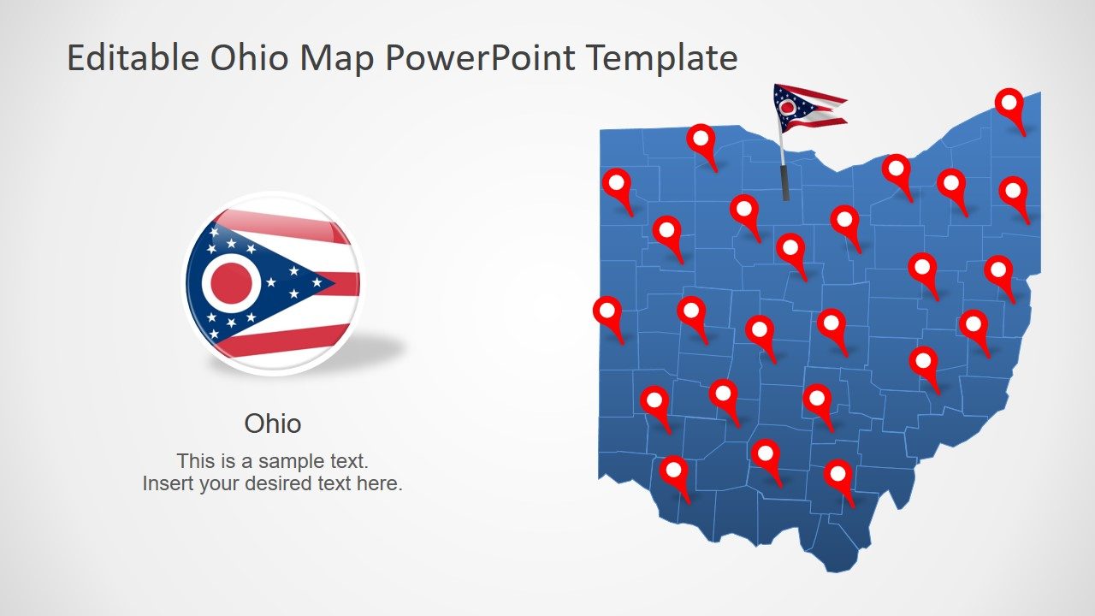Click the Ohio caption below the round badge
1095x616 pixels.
point(273,423)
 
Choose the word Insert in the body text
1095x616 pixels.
point(168,483)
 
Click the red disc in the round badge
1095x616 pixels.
point(231,283)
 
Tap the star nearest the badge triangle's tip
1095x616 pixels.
point(317,281)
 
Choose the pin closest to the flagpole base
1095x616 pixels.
point(743,209)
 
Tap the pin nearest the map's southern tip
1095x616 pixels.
point(838,474)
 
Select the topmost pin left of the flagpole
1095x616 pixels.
point(701,138)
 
